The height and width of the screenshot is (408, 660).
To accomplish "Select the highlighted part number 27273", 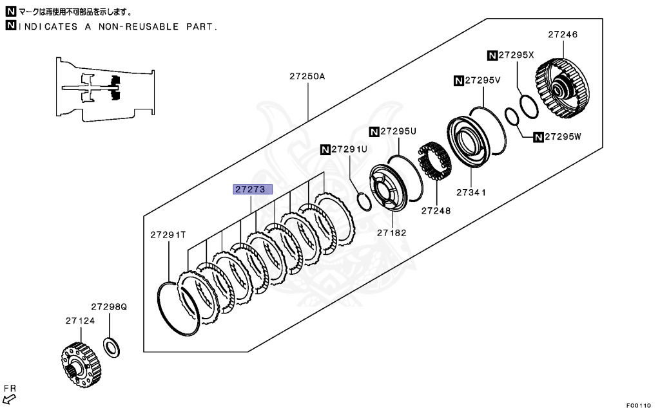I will click(x=253, y=190).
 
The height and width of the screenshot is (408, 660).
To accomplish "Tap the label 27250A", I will click(x=307, y=76).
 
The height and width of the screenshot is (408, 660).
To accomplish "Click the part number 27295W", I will click(x=559, y=136).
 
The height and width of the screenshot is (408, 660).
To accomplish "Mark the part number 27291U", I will click(x=349, y=149).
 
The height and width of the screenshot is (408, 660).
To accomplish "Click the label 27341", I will click(x=471, y=192).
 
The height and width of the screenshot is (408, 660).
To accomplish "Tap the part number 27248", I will click(x=436, y=210).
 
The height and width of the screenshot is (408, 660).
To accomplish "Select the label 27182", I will click(x=391, y=232).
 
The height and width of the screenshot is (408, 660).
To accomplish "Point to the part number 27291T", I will click(x=169, y=235).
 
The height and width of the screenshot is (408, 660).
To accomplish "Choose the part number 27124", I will click(x=79, y=320).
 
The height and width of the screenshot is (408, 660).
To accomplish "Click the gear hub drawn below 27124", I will click(x=81, y=364).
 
